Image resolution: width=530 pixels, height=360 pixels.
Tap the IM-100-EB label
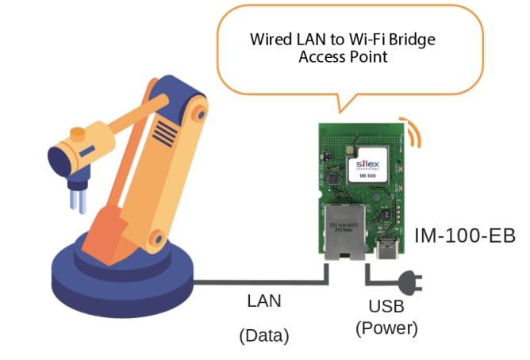[464, 236]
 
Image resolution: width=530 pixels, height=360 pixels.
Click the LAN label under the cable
[264, 301]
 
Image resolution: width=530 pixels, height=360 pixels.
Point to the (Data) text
[264, 335]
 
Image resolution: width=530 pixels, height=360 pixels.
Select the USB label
[386, 306]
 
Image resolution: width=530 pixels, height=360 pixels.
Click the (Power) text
[386, 327]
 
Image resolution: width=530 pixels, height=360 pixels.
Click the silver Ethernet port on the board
[345, 230]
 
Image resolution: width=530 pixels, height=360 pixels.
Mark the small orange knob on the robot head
[77, 132]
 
